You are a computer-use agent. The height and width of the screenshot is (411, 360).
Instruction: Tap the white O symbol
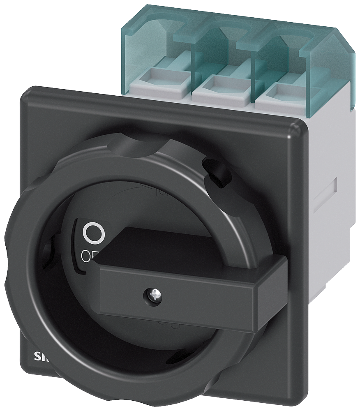click(x=94, y=233)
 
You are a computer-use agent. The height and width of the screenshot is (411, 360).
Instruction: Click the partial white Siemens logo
click(x=41, y=356)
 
